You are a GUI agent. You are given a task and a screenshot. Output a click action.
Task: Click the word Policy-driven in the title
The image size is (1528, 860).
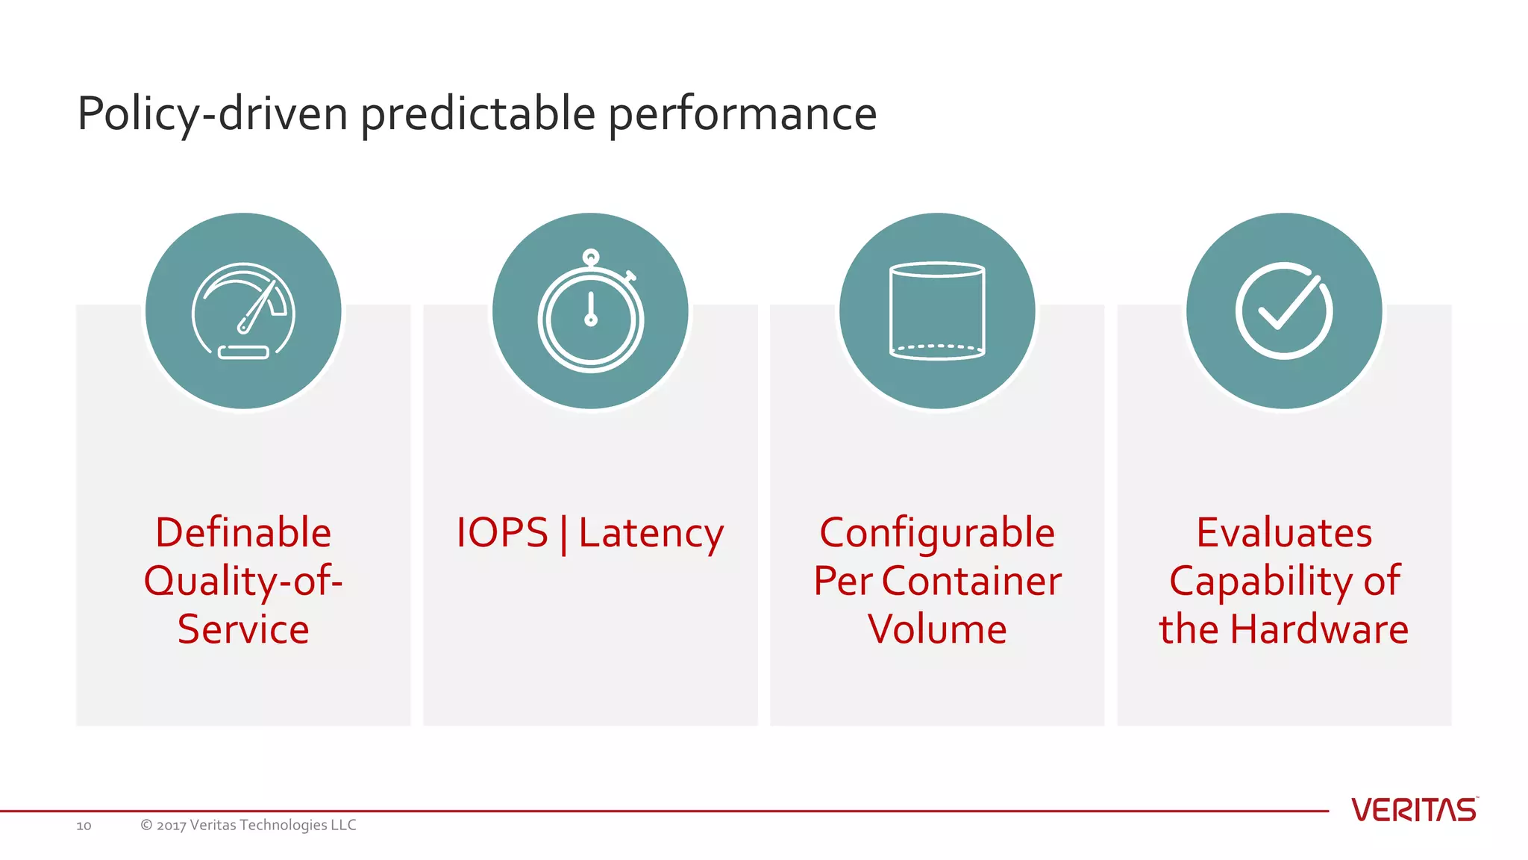pyautogui.click(x=213, y=114)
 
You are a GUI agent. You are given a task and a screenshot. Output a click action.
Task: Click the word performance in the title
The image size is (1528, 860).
pyautogui.click(x=742, y=114)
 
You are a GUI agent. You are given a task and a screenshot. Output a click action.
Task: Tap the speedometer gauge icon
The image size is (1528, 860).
pyautogui.click(x=243, y=311)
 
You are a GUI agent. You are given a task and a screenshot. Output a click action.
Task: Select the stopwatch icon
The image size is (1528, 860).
pyautogui.click(x=590, y=314)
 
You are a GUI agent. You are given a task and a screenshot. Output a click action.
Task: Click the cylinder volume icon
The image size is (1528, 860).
pyautogui.click(x=937, y=311)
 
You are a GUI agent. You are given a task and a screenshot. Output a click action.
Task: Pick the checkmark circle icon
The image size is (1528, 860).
pyautogui.click(x=1284, y=311)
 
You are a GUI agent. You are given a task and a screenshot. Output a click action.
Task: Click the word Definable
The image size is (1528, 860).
pyautogui.click(x=243, y=533)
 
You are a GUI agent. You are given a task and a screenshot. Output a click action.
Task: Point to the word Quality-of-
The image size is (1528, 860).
pyautogui.click(x=243, y=581)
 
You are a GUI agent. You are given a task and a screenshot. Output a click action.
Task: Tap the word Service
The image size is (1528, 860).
pyautogui.click(x=243, y=629)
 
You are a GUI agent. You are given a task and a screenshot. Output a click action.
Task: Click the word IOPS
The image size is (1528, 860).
pyautogui.click(x=502, y=533)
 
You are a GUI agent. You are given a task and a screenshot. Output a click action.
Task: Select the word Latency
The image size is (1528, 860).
pyautogui.click(x=651, y=533)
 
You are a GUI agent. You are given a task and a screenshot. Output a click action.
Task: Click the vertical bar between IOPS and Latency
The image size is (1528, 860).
pyautogui.click(x=563, y=535)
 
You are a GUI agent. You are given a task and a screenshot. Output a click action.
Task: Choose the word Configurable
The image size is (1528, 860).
pyautogui.click(x=937, y=533)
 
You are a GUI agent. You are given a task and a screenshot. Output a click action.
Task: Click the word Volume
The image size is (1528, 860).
pyautogui.click(x=937, y=629)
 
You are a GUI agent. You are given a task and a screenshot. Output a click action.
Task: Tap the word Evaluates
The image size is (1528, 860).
pyautogui.click(x=1284, y=533)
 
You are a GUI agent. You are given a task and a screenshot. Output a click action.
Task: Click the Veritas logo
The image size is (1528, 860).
pyautogui.click(x=1414, y=810)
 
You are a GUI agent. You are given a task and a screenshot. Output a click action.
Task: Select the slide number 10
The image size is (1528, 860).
pyautogui.click(x=84, y=826)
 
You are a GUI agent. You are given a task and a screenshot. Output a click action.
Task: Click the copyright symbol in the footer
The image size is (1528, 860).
pyautogui.click(x=146, y=825)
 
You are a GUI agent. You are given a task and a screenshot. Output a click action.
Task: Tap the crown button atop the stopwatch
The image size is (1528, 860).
pyautogui.click(x=591, y=258)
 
